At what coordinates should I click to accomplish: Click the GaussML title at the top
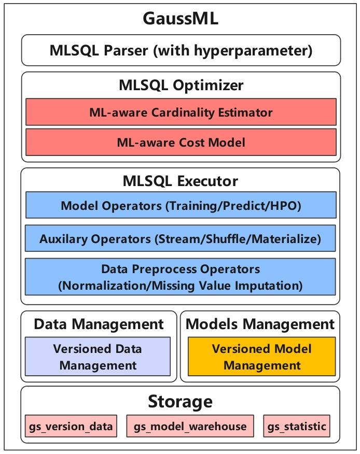tap(180, 19)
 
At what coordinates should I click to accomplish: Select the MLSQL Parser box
tap(181, 51)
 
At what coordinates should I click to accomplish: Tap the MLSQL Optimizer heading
tap(181, 85)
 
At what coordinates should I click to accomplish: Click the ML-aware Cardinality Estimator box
tap(181, 112)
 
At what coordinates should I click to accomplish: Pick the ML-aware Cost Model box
tap(181, 141)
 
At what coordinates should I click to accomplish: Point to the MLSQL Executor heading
tap(181, 181)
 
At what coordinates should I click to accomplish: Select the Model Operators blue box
tap(181, 206)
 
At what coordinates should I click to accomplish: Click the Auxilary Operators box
tap(181, 239)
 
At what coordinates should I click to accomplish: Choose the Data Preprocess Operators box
tap(181, 277)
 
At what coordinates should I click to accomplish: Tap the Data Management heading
tap(99, 324)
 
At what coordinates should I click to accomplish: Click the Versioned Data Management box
tap(98, 357)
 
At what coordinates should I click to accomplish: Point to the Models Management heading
tap(260, 324)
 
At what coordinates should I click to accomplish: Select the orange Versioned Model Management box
tap(261, 357)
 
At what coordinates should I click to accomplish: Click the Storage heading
tap(180, 401)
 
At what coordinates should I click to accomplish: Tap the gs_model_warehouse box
tap(190, 427)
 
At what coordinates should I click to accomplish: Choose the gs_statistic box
tap(297, 427)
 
